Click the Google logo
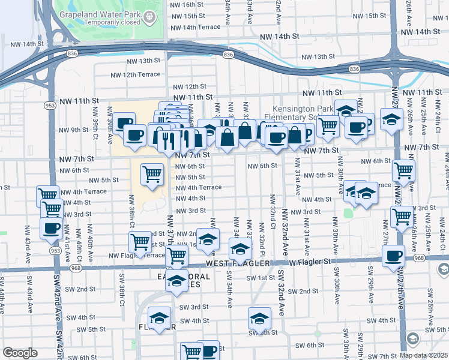(x=20, y=353)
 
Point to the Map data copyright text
(x=424, y=355)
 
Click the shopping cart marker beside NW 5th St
(x=152, y=175)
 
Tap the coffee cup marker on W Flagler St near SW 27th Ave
(x=393, y=256)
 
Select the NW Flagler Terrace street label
(x=136, y=256)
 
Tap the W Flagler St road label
(x=309, y=262)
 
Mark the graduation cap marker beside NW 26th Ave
(x=391, y=119)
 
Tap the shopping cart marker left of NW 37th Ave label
(x=140, y=242)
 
